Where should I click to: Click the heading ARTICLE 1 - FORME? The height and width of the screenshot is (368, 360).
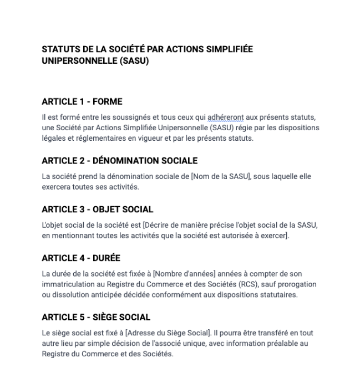[82, 102]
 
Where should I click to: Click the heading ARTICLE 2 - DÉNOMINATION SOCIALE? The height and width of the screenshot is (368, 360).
[120, 161]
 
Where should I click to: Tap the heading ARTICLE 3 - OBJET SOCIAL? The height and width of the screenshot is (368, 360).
[98, 209]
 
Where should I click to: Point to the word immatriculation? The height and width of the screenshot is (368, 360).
[68, 284]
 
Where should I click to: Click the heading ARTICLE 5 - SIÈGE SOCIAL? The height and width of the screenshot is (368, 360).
[96, 317]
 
